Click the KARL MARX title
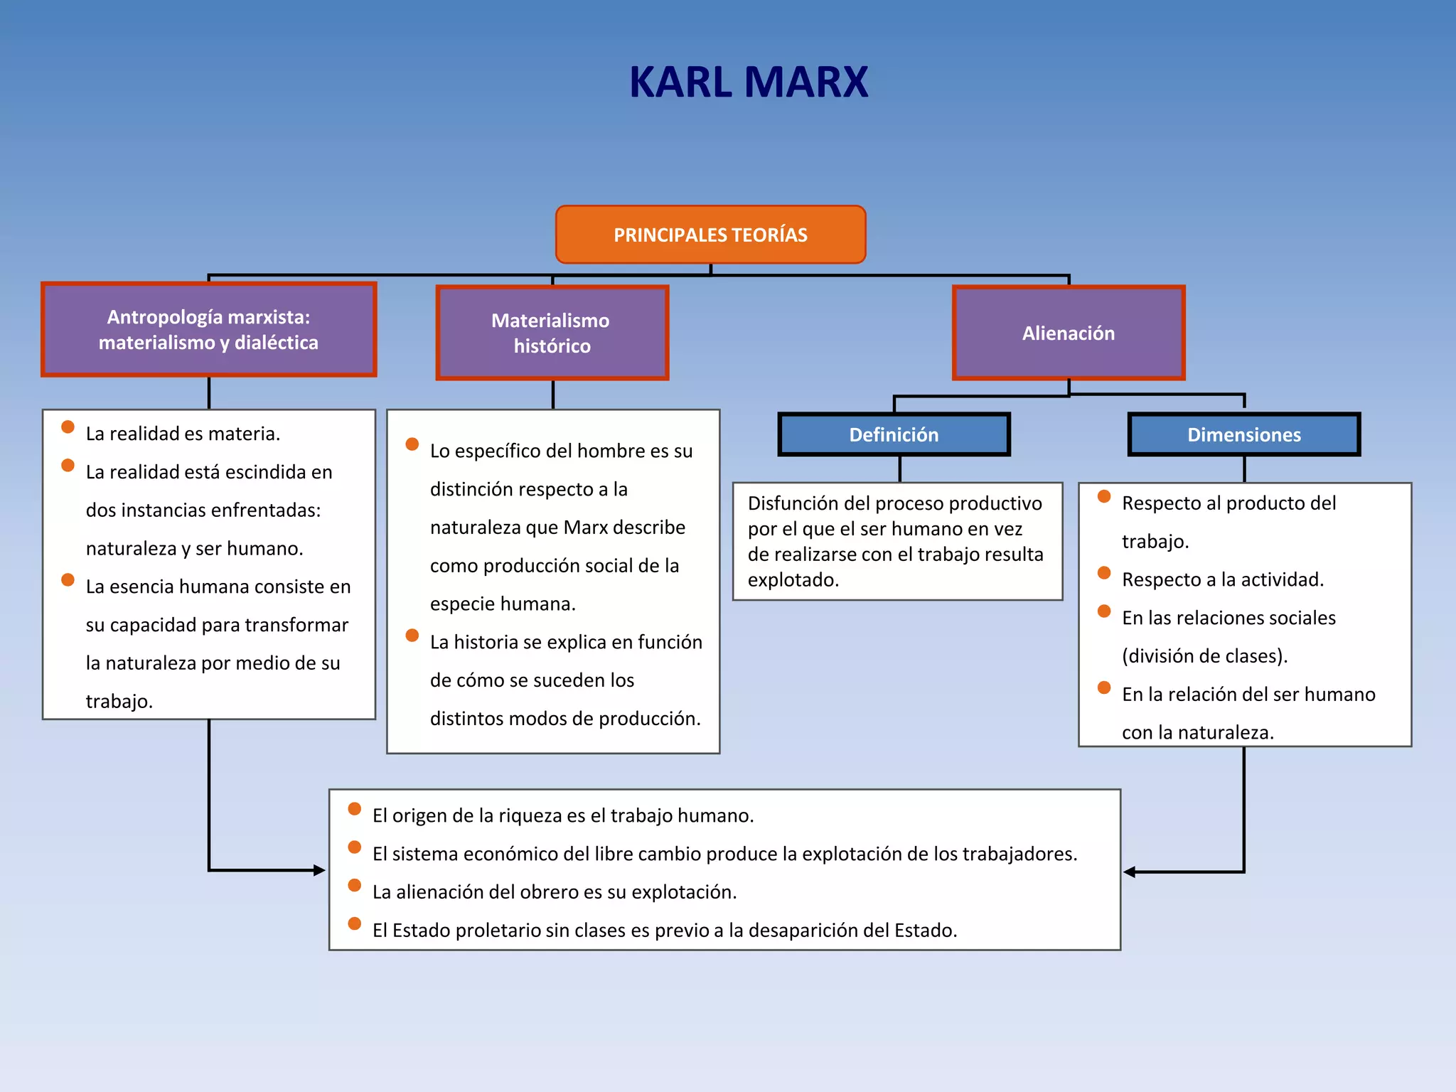(749, 82)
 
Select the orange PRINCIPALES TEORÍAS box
(710, 235)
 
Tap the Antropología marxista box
(208, 330)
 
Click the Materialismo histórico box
(552, 333)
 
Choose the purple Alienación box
(1068, 333)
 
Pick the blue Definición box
(894, 434)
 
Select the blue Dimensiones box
(1243, 434)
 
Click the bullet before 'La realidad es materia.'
(68, 427)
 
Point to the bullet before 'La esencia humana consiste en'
(68, 579)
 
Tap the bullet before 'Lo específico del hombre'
(412, 444)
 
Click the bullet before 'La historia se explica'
(412, 635)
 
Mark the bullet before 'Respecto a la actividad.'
(1104, 573)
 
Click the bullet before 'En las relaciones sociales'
(1104, 611)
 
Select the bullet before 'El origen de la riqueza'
(355, 808)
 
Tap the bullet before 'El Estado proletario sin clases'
(355, 924)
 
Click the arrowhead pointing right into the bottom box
(319, 870)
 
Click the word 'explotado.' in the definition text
(793, 580)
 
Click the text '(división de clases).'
(1204, 656)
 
